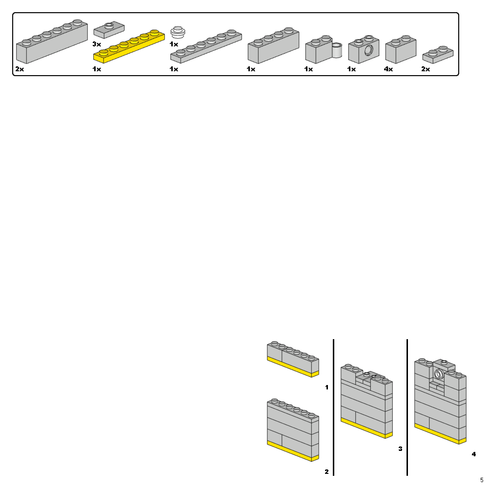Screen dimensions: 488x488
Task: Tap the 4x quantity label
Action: tap(388, 69)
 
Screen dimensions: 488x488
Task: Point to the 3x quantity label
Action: tap(97, 44)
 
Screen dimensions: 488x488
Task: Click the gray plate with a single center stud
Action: tap(108, 30)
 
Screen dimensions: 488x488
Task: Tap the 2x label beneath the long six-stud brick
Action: tap(20, 69)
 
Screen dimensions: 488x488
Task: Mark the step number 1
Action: tap(326, 387)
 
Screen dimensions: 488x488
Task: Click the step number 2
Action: tap(326, 472)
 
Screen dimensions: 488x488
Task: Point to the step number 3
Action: tap(400, 448)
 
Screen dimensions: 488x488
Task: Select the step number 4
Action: tap(473, 454)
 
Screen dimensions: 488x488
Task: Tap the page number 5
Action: tap(482, 480)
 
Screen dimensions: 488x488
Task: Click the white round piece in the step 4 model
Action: tap(439, 374)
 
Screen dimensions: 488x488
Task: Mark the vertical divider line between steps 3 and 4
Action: tap(407, 407)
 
